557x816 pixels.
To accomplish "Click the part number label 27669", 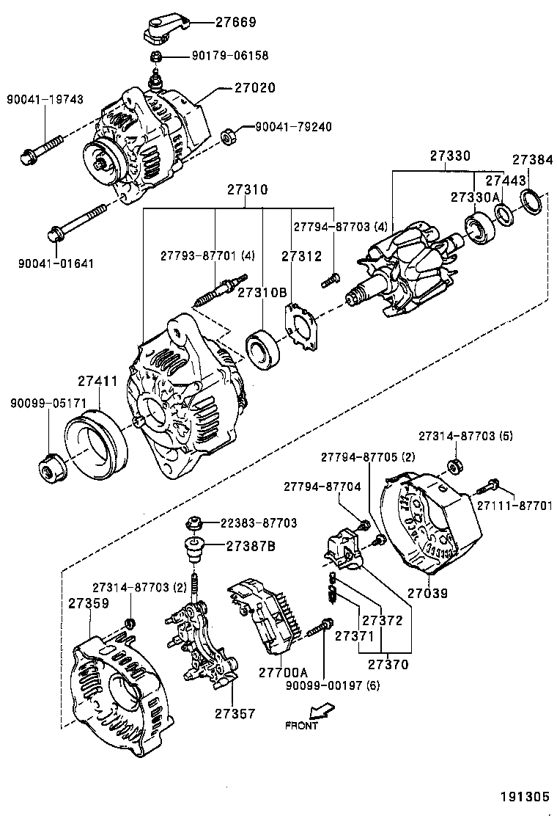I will [x=235, y=23].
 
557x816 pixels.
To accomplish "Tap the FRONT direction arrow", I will [x=320, y=711].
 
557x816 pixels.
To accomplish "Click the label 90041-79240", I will [x=292, y=127].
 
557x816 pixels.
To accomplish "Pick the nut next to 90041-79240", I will [x=228, y=136].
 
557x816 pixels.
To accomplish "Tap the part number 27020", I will [x=255, y=87].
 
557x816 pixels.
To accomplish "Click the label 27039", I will [x=427, y=592].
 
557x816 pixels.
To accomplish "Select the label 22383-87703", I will [x=259, y=523].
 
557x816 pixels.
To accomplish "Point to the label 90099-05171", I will [x=49, y=403].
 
